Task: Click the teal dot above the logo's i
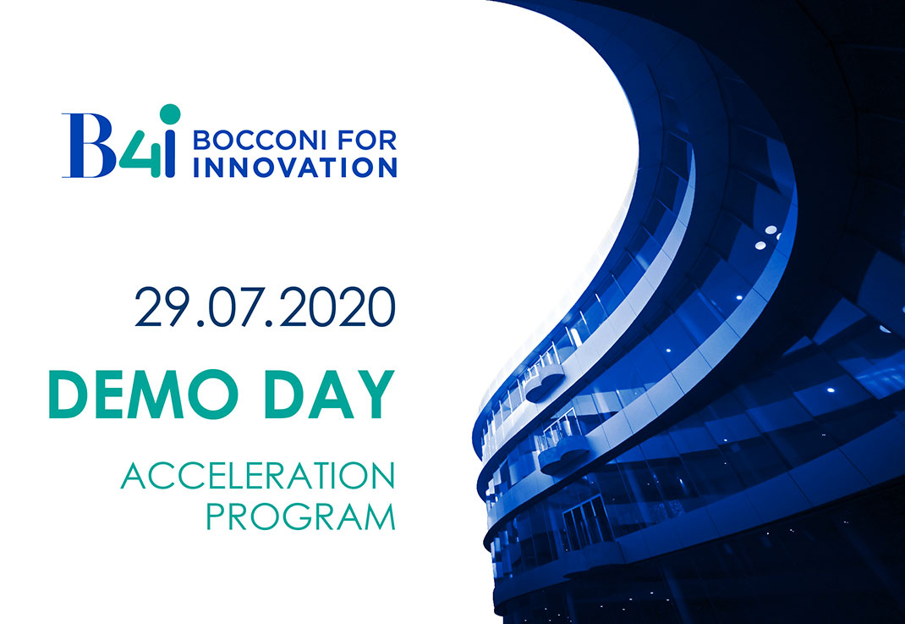(x=170, y=114)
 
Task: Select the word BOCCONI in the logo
(x=260, y=140)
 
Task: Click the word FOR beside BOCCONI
(x=367, y=140)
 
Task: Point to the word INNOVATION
(x=295, y=168)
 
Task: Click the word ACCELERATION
(x=258, y=476)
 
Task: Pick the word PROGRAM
(x=301, y=516)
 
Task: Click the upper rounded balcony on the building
(x=545, y=384)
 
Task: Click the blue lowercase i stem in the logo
(x=170, y=154)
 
